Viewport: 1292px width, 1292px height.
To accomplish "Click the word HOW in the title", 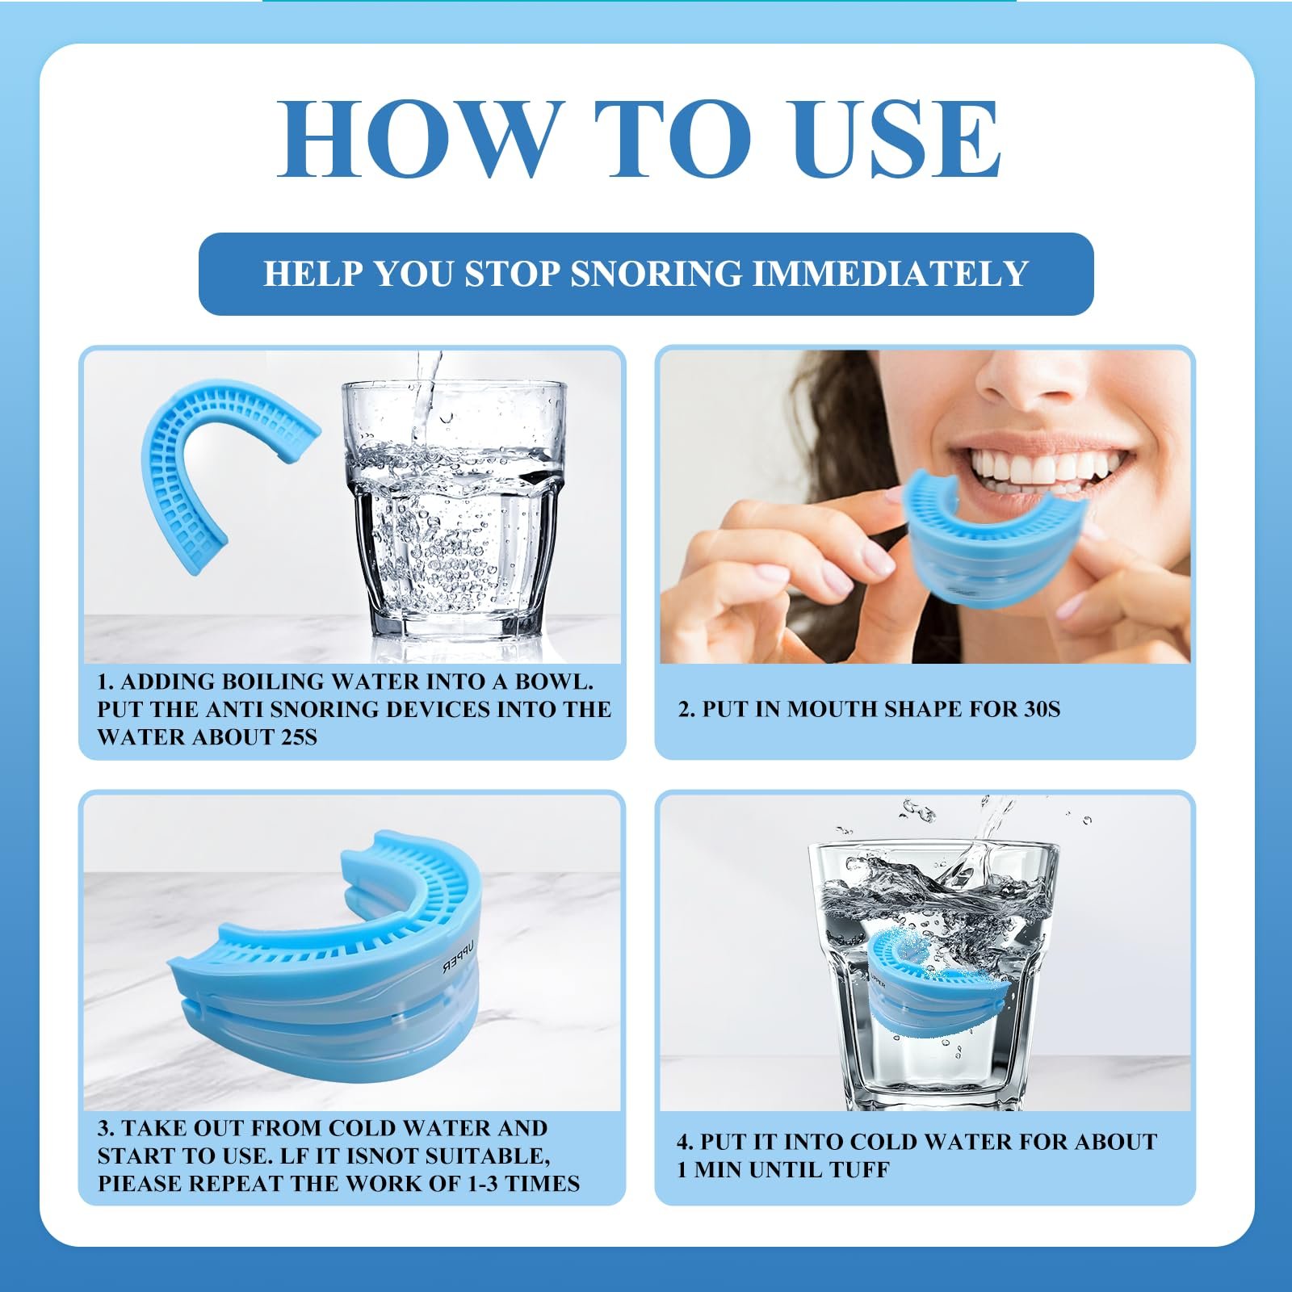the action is click(419, 138).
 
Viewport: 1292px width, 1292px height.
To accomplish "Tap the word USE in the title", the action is click(897, 138).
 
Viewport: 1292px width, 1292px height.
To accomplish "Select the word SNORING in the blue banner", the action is click(656, 274).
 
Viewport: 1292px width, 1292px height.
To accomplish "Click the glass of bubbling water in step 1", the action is click(451, 509).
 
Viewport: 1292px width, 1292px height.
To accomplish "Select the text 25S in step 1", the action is click(296, 736).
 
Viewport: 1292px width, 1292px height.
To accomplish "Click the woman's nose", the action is click(1019, 380).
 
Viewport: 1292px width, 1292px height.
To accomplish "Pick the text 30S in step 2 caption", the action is click(1041, 709).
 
